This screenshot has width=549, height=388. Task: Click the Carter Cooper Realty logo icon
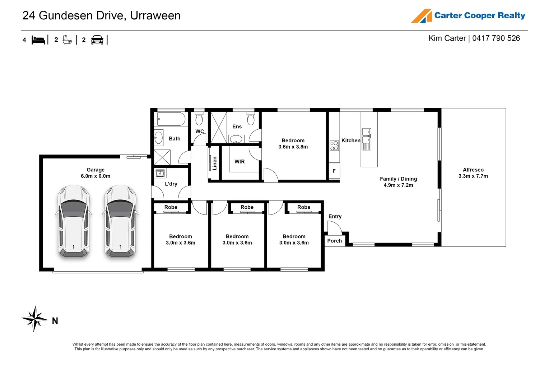coord(422,16)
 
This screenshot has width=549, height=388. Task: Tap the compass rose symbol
coord(34,319)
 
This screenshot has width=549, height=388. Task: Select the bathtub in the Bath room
coord(171,119)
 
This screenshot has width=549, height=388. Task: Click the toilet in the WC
coord(199,119)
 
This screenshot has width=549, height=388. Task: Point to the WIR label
coord(239,162)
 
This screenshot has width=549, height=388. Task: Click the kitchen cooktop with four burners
coord(334,146)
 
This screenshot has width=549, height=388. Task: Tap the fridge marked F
coord(334,171)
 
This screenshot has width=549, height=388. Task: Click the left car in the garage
coord(74,222)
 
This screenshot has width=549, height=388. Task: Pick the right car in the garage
coord(120,222)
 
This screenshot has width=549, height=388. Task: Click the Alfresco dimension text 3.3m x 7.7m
coord(473,176)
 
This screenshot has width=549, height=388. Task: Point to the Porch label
coord(334,241)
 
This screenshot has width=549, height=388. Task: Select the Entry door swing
coord(334,227)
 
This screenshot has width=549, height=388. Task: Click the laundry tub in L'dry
coord(160,174)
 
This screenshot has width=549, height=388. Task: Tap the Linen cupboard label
coord(215,163)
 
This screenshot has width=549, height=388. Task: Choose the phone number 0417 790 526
coord(496,38)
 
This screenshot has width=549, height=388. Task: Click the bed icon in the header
coord(38,40)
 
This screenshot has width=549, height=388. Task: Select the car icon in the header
coord(97,40)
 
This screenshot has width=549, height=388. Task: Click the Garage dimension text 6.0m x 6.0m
coord(96,176)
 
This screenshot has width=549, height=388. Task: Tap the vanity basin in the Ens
coord(236,139)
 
